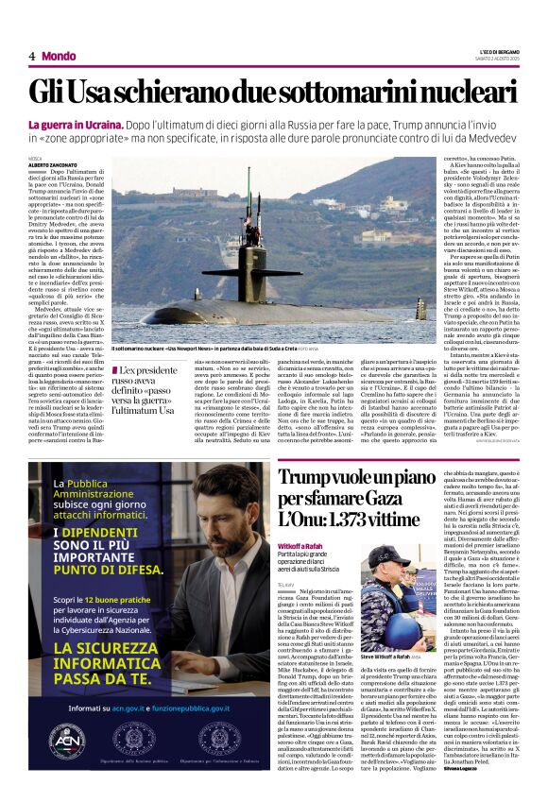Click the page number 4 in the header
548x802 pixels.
(31, 57)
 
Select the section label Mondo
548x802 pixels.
(59, 57)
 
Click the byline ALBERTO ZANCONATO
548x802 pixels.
(52, 165)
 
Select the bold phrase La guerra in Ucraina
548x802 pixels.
(75, 125)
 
